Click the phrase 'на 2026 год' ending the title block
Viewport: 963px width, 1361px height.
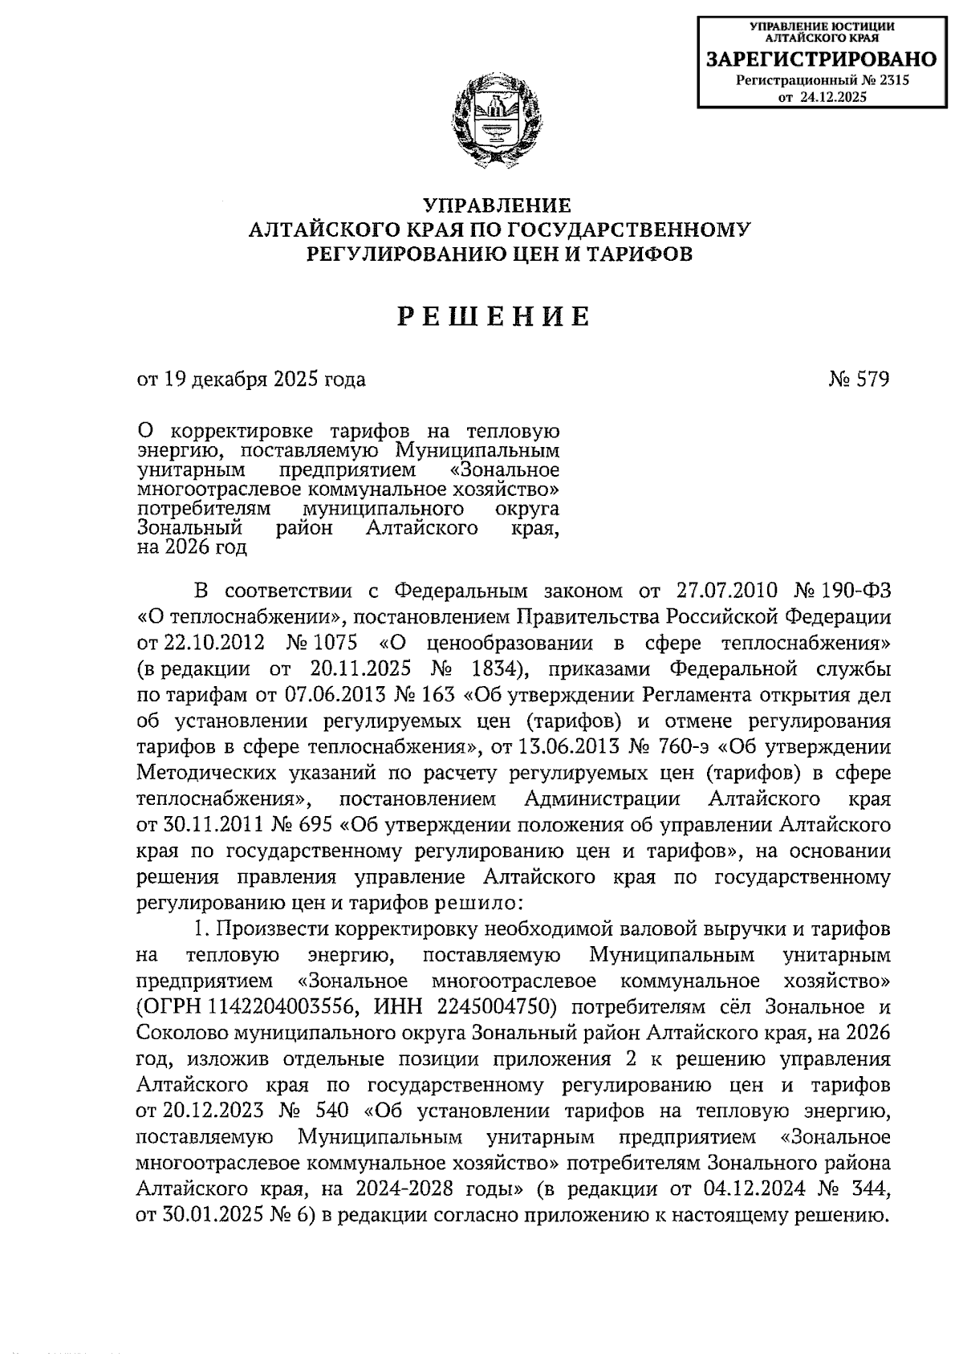193,548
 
